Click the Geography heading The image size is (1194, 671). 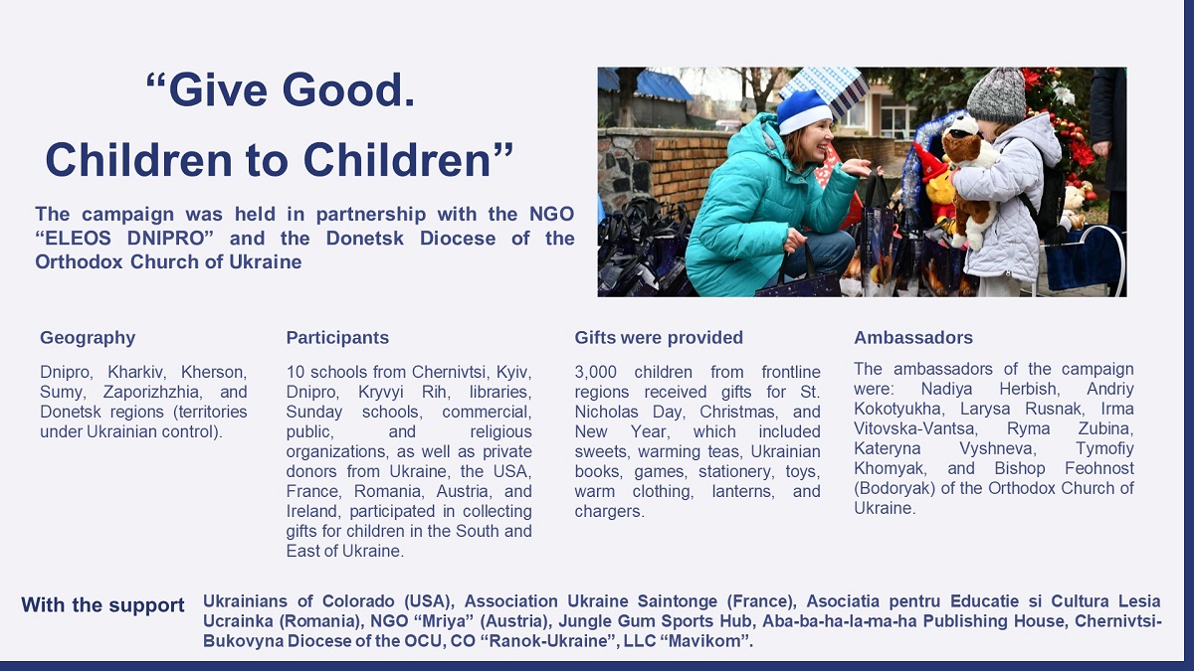tap(88, 338)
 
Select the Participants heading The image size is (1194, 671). tap(337, 338)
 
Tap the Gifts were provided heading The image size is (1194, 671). tap(659, 338)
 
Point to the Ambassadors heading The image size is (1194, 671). tap(913, 338)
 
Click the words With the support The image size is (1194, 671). tap(102, 605)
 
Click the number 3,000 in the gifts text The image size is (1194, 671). tap(595, 372)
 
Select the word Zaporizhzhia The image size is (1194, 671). tap(152, 393)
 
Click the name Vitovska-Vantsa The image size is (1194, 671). tap(914, 428)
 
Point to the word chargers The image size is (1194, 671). tap(609, 511)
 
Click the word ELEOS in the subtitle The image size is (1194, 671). tap(77, 238)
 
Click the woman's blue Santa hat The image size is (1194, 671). tap(803, 111)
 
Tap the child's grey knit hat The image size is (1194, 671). tap(995, 94)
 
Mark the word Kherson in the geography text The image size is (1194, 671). tap(214, 372)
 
